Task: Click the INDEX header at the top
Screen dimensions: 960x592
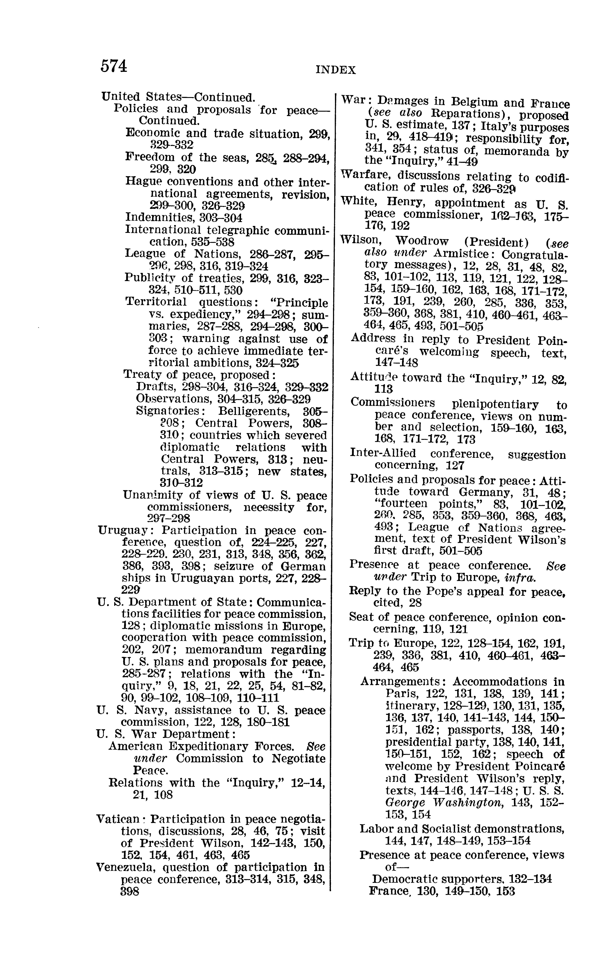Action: [x=335, y=70]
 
